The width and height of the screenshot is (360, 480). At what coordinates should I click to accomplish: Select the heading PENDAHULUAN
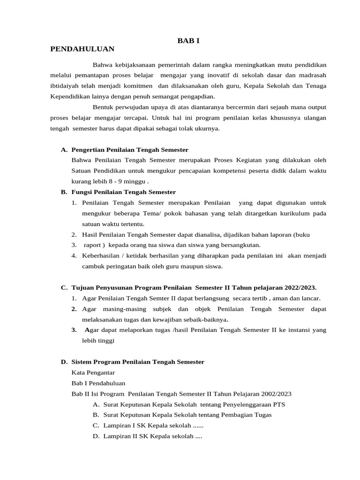click(x=82, y=49)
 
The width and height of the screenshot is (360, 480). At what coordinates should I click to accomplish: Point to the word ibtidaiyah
click(x=65, y=86)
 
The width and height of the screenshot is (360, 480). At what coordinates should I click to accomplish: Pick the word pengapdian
click(x=195, y=97)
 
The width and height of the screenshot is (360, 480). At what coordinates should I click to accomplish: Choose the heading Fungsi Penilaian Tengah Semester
click(x=123, y=192)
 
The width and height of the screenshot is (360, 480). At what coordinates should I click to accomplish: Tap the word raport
click(x=92, y=245)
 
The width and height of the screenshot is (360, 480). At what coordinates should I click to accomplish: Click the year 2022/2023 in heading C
click(x=298, y=287)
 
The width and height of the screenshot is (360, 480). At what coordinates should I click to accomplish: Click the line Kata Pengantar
click(x=93, y=373)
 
